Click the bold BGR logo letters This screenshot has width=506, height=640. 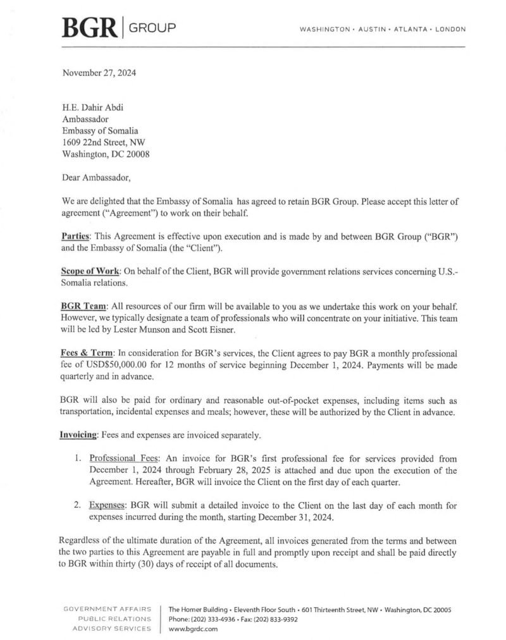pos(89,28)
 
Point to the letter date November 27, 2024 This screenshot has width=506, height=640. pos(99,73)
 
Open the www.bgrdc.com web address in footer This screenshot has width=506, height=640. pos(193,629)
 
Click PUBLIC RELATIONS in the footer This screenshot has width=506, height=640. pos(114,619)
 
